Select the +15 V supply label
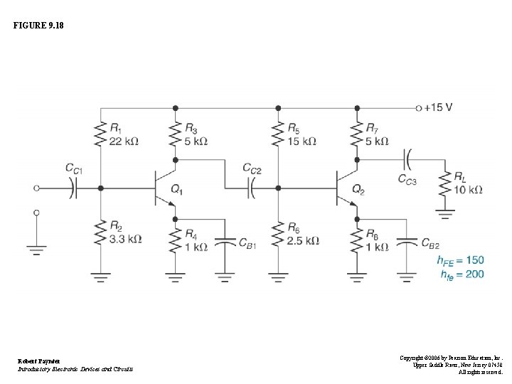click(x=439, y=108)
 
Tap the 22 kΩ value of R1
click(x=124, y=141)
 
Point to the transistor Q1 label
click(x=177, y=190)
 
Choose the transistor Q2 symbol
click(x=344, y=188)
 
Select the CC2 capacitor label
click(x=252, y=169)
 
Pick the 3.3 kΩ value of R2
click(x=126, y=239)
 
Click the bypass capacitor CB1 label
click(x=247, y=245)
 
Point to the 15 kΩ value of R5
click(x=302, y=141)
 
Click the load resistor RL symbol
click(x=447, y=185)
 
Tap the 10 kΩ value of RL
click(x=468, y=190)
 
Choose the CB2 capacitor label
click(x=430, y=245)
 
